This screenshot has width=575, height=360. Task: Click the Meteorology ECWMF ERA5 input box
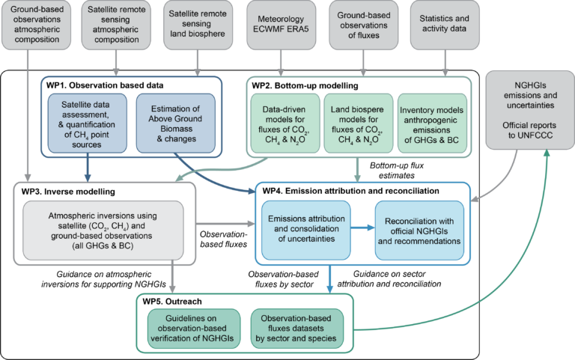coord(281,25)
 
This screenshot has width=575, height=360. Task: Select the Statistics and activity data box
coord(445,25)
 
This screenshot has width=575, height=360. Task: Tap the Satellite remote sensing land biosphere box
coord(198,25)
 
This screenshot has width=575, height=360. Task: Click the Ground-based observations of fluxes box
coord(363,25)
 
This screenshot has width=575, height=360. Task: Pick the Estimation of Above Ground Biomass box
coord(176,123)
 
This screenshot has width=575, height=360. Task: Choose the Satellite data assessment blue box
coord(88,123)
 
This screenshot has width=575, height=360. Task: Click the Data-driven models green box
coord(285,123)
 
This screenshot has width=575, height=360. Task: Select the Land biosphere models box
coord(359,123)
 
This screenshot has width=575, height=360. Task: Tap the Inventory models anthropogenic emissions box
coord(432,123)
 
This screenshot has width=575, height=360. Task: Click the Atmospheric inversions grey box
coord(103,231)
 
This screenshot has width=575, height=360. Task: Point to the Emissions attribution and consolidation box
coord(305,231)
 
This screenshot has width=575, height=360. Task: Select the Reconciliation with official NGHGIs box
coord(419,231)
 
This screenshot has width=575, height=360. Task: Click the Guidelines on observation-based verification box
coord(194,329)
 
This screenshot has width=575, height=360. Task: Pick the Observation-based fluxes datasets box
coord(297,329)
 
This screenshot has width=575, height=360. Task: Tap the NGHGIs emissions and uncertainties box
coord(530,110)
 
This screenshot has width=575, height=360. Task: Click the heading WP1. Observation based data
coord(105,85)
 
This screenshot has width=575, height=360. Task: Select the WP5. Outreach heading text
coord(172,302)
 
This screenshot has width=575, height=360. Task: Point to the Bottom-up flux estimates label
coord(396,171)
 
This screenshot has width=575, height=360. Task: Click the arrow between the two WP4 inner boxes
coord(362,228)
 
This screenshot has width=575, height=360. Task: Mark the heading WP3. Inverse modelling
coord(68,192)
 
